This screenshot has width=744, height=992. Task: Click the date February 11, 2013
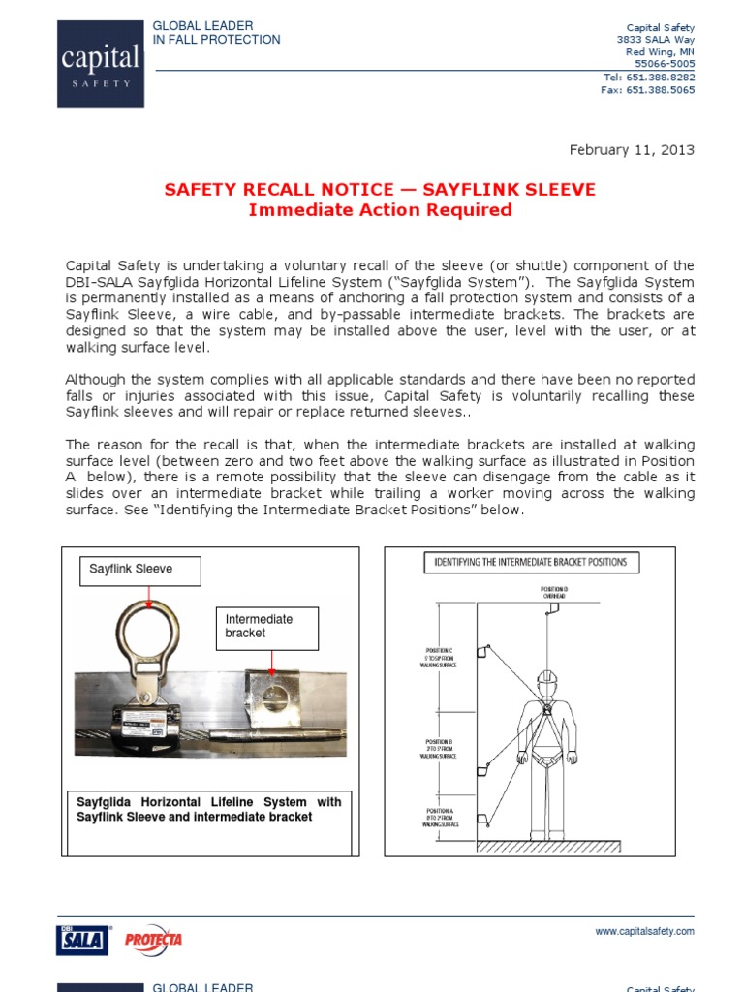pos(631,150)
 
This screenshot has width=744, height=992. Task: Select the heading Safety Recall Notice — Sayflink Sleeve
pos(379,190)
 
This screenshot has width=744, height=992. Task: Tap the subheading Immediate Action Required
pos(380,210)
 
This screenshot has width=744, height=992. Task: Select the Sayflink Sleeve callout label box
pos(140,571)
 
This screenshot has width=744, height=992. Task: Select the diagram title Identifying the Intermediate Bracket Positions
pos(529,562)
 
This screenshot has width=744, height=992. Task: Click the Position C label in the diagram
pos(438,656)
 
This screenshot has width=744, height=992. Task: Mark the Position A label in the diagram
pos(438,818)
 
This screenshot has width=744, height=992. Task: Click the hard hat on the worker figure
pos(547,678)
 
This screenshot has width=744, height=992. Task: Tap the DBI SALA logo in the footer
pos(83,939)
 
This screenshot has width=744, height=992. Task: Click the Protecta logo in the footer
pos(154,939)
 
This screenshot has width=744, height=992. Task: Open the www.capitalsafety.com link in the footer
pos(644,931)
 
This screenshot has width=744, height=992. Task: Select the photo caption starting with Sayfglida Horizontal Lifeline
pos(208,810)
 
